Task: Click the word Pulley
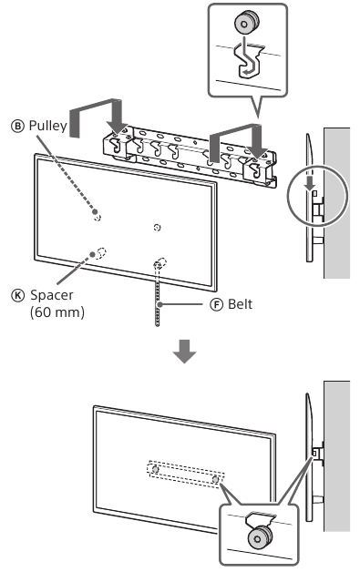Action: coord(47,126)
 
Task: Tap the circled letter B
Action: coord(17,127)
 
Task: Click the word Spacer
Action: coord(52,295)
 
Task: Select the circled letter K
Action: coord(17,295)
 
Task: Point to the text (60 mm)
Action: coord(57,312)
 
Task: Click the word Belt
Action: coord(241,304)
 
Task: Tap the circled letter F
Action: coord(216,304)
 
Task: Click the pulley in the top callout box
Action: coord(246,23)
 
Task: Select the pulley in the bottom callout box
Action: coord(260,537)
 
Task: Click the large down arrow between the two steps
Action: coord(185,352)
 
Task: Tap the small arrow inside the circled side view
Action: coord(310,183)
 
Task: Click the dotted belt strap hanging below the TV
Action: coord(158,294)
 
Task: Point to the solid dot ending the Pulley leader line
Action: coord(95,211)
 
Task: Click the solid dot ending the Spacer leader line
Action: coord(93,254)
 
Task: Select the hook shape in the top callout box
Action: coord(249,60)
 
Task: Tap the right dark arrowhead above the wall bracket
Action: coord(257,148)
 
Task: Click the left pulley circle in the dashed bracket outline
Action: coord(155,469)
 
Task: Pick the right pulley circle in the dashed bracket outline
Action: coord(216,478)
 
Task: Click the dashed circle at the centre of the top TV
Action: coord(157,228)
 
